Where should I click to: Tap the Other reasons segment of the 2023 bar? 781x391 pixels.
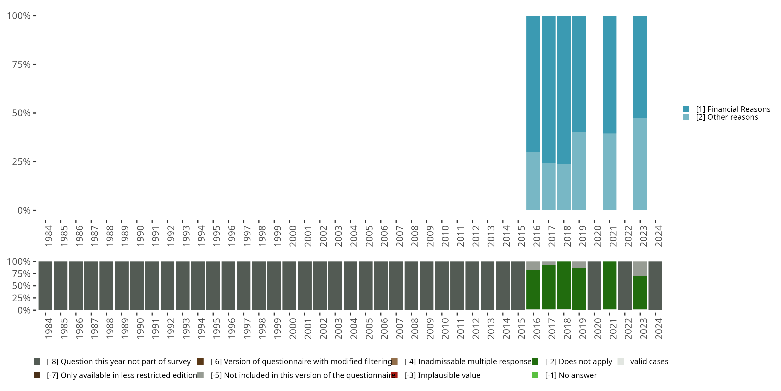640,164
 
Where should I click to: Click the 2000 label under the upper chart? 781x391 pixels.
293,236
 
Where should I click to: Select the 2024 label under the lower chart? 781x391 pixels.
659,328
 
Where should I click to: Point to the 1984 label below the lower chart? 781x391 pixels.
48,328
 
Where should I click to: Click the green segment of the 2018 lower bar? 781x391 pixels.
564,285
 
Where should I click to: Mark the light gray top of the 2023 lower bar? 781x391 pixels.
640,269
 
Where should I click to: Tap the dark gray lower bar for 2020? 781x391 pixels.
594,286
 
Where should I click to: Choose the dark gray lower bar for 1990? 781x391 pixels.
137,286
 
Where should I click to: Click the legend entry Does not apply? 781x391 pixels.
578,362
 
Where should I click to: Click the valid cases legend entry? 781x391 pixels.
649,362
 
